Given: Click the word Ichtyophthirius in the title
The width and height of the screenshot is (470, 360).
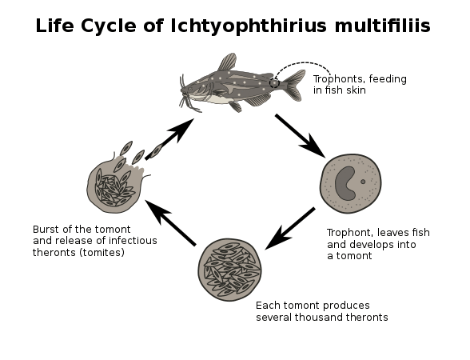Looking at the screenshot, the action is [248, 26].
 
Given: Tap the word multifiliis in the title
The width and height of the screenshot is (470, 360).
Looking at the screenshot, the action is [382, 26].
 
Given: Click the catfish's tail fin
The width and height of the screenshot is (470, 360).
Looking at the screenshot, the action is [293, 85].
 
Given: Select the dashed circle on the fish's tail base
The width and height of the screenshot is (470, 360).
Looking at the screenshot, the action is [274, 82].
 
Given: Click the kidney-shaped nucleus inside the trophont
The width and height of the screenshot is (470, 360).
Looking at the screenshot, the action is [345, 184].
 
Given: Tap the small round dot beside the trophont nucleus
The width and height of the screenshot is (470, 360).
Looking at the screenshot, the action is [363, 182].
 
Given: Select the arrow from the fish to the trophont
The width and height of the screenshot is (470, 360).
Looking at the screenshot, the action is [300, 136].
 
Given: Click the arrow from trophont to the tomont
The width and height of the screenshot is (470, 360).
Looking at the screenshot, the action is [290, 228].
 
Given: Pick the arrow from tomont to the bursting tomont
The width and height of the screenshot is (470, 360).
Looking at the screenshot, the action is [170, 223].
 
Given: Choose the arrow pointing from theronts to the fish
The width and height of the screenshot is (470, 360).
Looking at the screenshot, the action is [169, 138].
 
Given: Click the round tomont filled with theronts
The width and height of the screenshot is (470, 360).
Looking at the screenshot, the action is [229, 270].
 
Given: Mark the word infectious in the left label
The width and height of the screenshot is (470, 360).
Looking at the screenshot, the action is [133, 241].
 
